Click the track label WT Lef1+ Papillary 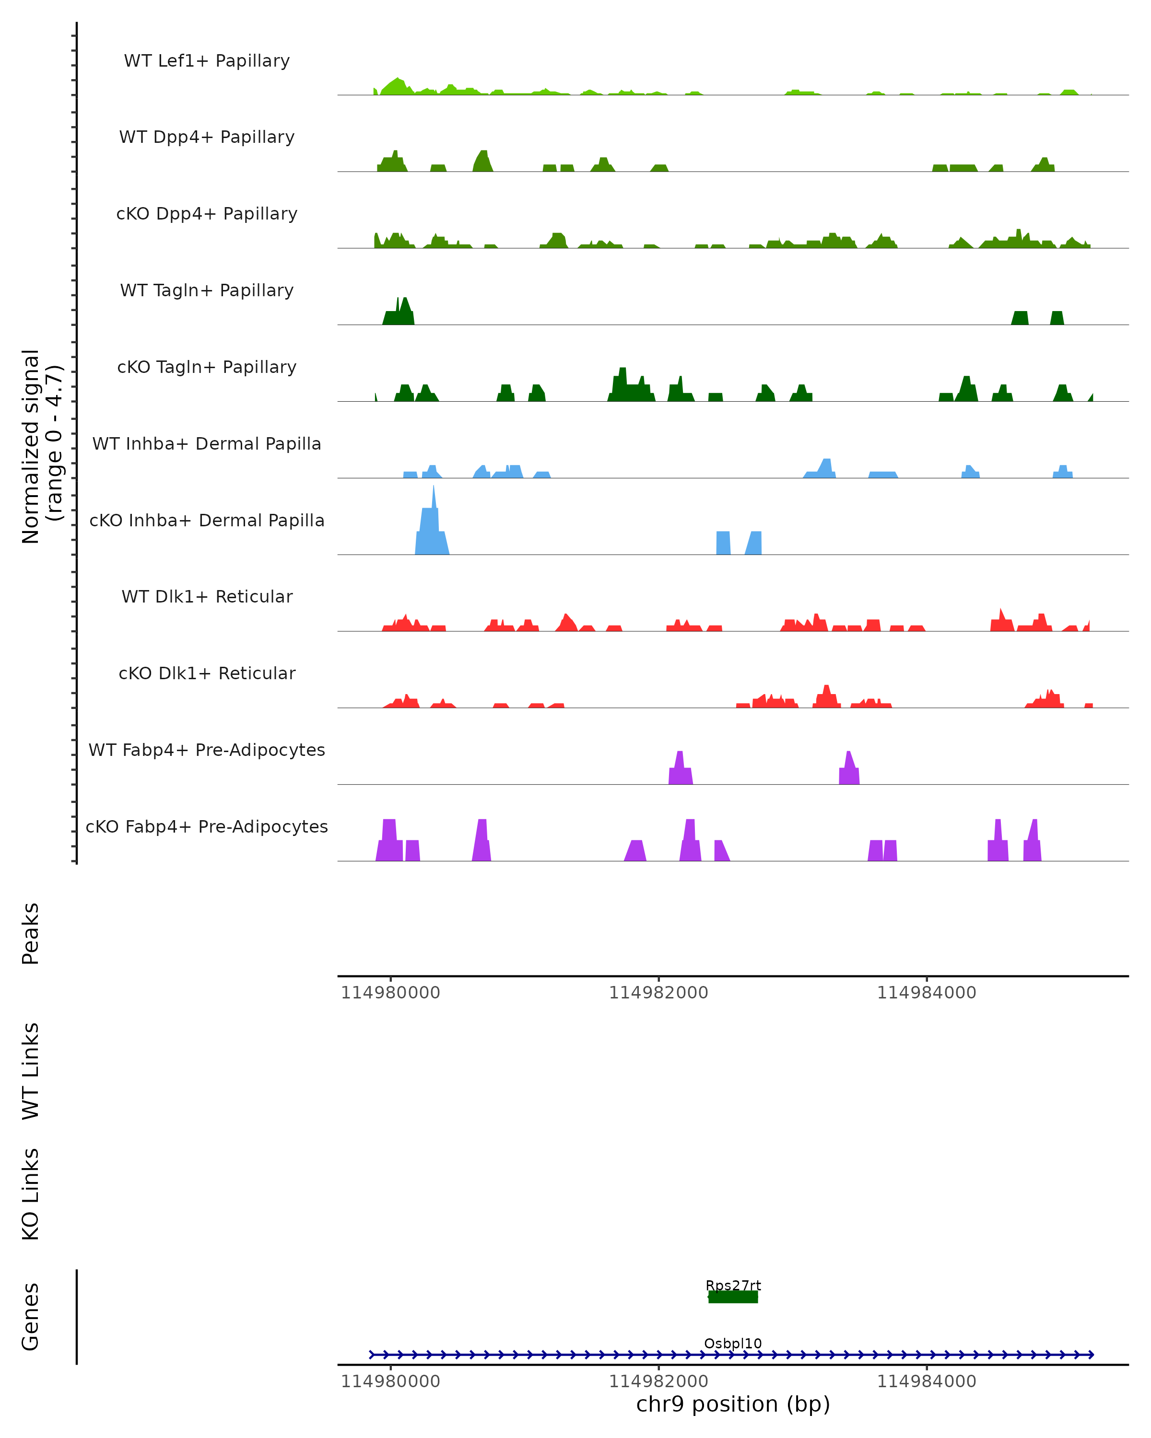tap(207, 61)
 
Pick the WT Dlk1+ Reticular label tap(207, 596)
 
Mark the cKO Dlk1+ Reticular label tap(207, 673)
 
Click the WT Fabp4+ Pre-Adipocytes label tap(207, 750)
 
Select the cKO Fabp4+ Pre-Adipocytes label tap(207, 826)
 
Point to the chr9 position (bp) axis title tap(733, 1404)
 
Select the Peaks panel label tap(31, 933)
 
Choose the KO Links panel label tap(31, 1194)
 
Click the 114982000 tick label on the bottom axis tap(658, 1381)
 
